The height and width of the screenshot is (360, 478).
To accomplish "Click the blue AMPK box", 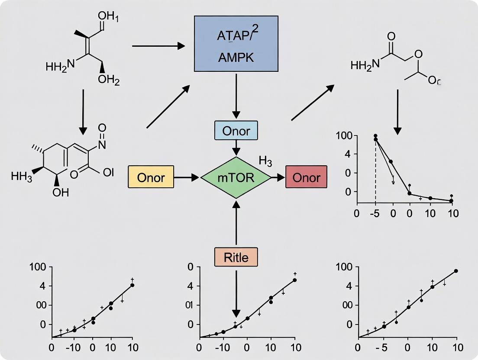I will pyautogui.click(x=236, y=44).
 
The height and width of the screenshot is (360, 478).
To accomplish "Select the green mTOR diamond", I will pyautogui.click(x=236, y=177).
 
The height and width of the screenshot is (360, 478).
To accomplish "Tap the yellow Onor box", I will pyautogui.click(x=151, y=177).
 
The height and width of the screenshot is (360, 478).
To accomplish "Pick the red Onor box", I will pyautogui.click(x=306, y=177).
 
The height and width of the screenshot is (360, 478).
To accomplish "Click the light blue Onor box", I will pyautogui.click(x=236, y=131).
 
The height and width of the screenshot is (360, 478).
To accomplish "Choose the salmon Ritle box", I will pyautogui.click(x=236, y=257).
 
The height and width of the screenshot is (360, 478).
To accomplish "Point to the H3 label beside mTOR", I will pyautogui.click(x=265, y=162).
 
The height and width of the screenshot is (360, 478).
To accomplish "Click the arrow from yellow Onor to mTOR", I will pyautogui.click(x=187, y=177).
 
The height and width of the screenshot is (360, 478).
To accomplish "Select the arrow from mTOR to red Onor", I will pyautogui.click(x=278, y=177).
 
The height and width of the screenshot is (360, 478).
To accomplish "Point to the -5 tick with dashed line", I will pyautogui.click(x=375, y=213).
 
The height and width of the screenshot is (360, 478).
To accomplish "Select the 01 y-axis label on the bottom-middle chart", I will pyautogui.click(x=188, y=305).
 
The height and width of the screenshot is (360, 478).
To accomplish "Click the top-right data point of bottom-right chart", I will pyautogui.click(x=456, y=271).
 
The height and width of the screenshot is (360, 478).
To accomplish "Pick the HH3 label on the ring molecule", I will pyautogui.click(x=22, y=177).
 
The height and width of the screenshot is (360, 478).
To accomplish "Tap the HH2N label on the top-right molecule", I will pyautogui.click(x=365, y=65).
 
